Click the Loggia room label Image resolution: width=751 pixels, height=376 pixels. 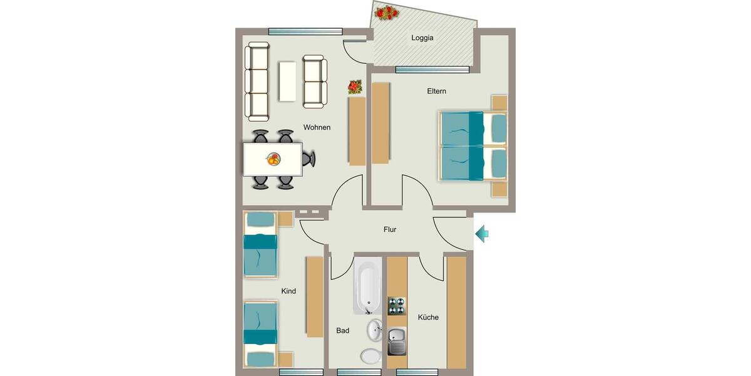[x=422, y=38]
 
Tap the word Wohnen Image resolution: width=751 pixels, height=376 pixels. [x=317, y=127]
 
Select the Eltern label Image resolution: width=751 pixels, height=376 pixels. [x=436, y=91]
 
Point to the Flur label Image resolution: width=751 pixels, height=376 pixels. [x=390, y=229]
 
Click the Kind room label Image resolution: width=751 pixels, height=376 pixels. [x=289, y=291]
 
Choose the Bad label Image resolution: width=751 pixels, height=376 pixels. [x=342, y=330]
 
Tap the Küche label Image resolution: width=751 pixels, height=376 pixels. [x=428, y=317]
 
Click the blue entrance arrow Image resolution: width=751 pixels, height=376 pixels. [x=481, y=234]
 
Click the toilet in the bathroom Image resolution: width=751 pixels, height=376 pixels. [x=370, y=355]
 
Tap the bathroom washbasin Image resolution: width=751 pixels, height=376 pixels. [x=375, y=330]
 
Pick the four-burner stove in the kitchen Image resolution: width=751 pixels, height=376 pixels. [x=397, y=306]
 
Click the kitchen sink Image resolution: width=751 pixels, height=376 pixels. [x=397, y=342]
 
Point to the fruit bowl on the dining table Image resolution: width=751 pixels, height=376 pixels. [x=273, y=159]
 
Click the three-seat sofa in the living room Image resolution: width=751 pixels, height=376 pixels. [x=257, y=81]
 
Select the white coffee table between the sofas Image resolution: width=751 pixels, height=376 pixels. [x=287, y=81]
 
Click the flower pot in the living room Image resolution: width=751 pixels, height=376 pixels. [x=355, y=87]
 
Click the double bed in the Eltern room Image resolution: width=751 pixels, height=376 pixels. [x=473, y=146]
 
